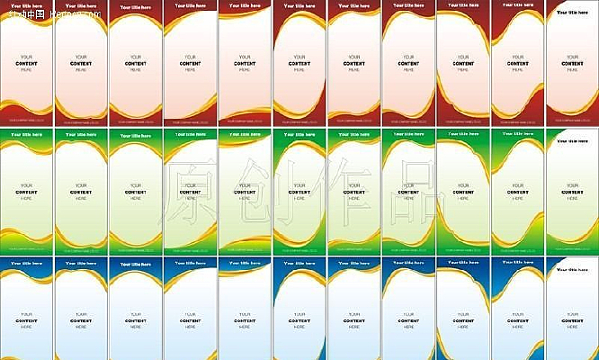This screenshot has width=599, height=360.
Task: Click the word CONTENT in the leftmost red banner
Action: click(x=27, y=64)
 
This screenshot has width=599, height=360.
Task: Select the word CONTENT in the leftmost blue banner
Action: click(x=27, y=319)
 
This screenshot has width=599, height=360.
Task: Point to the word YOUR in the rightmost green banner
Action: click(x=572, y=184)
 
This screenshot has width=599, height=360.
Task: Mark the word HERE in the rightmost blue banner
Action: click(x=572, y=326)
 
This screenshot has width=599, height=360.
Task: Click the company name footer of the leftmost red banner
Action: click(x=27, y=119)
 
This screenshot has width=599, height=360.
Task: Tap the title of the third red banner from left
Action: click(x=135, y=5)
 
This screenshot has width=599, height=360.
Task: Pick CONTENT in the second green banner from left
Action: click(x=82, y=192)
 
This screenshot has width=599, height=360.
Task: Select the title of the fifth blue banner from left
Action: click(x=243, y=263)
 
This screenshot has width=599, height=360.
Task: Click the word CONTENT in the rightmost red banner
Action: click(x=572, y=63)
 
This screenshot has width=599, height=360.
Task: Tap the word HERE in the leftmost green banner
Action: click(x=27, y=198)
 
